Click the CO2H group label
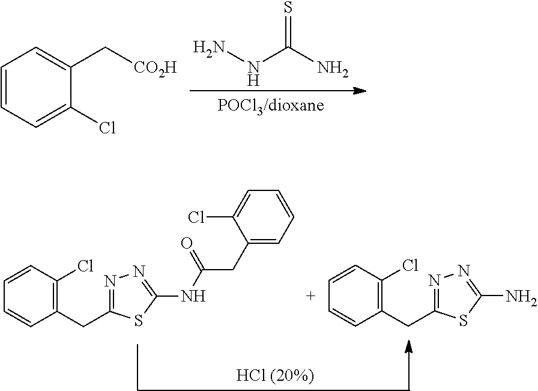[155, 68]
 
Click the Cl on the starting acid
[107, 128]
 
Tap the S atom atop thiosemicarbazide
[288, 8]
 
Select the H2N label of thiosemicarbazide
[208, 47]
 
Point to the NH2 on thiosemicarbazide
[333, 68]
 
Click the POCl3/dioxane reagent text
[271, 105]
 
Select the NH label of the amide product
[193, 296]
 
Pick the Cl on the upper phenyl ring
[196, 217]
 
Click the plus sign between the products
[311, 296]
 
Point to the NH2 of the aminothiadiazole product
[521, 296]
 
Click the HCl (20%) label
[275, 376]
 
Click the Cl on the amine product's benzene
[410, 265]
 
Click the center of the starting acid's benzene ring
[36, 87]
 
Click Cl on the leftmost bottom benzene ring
[85, 265]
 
